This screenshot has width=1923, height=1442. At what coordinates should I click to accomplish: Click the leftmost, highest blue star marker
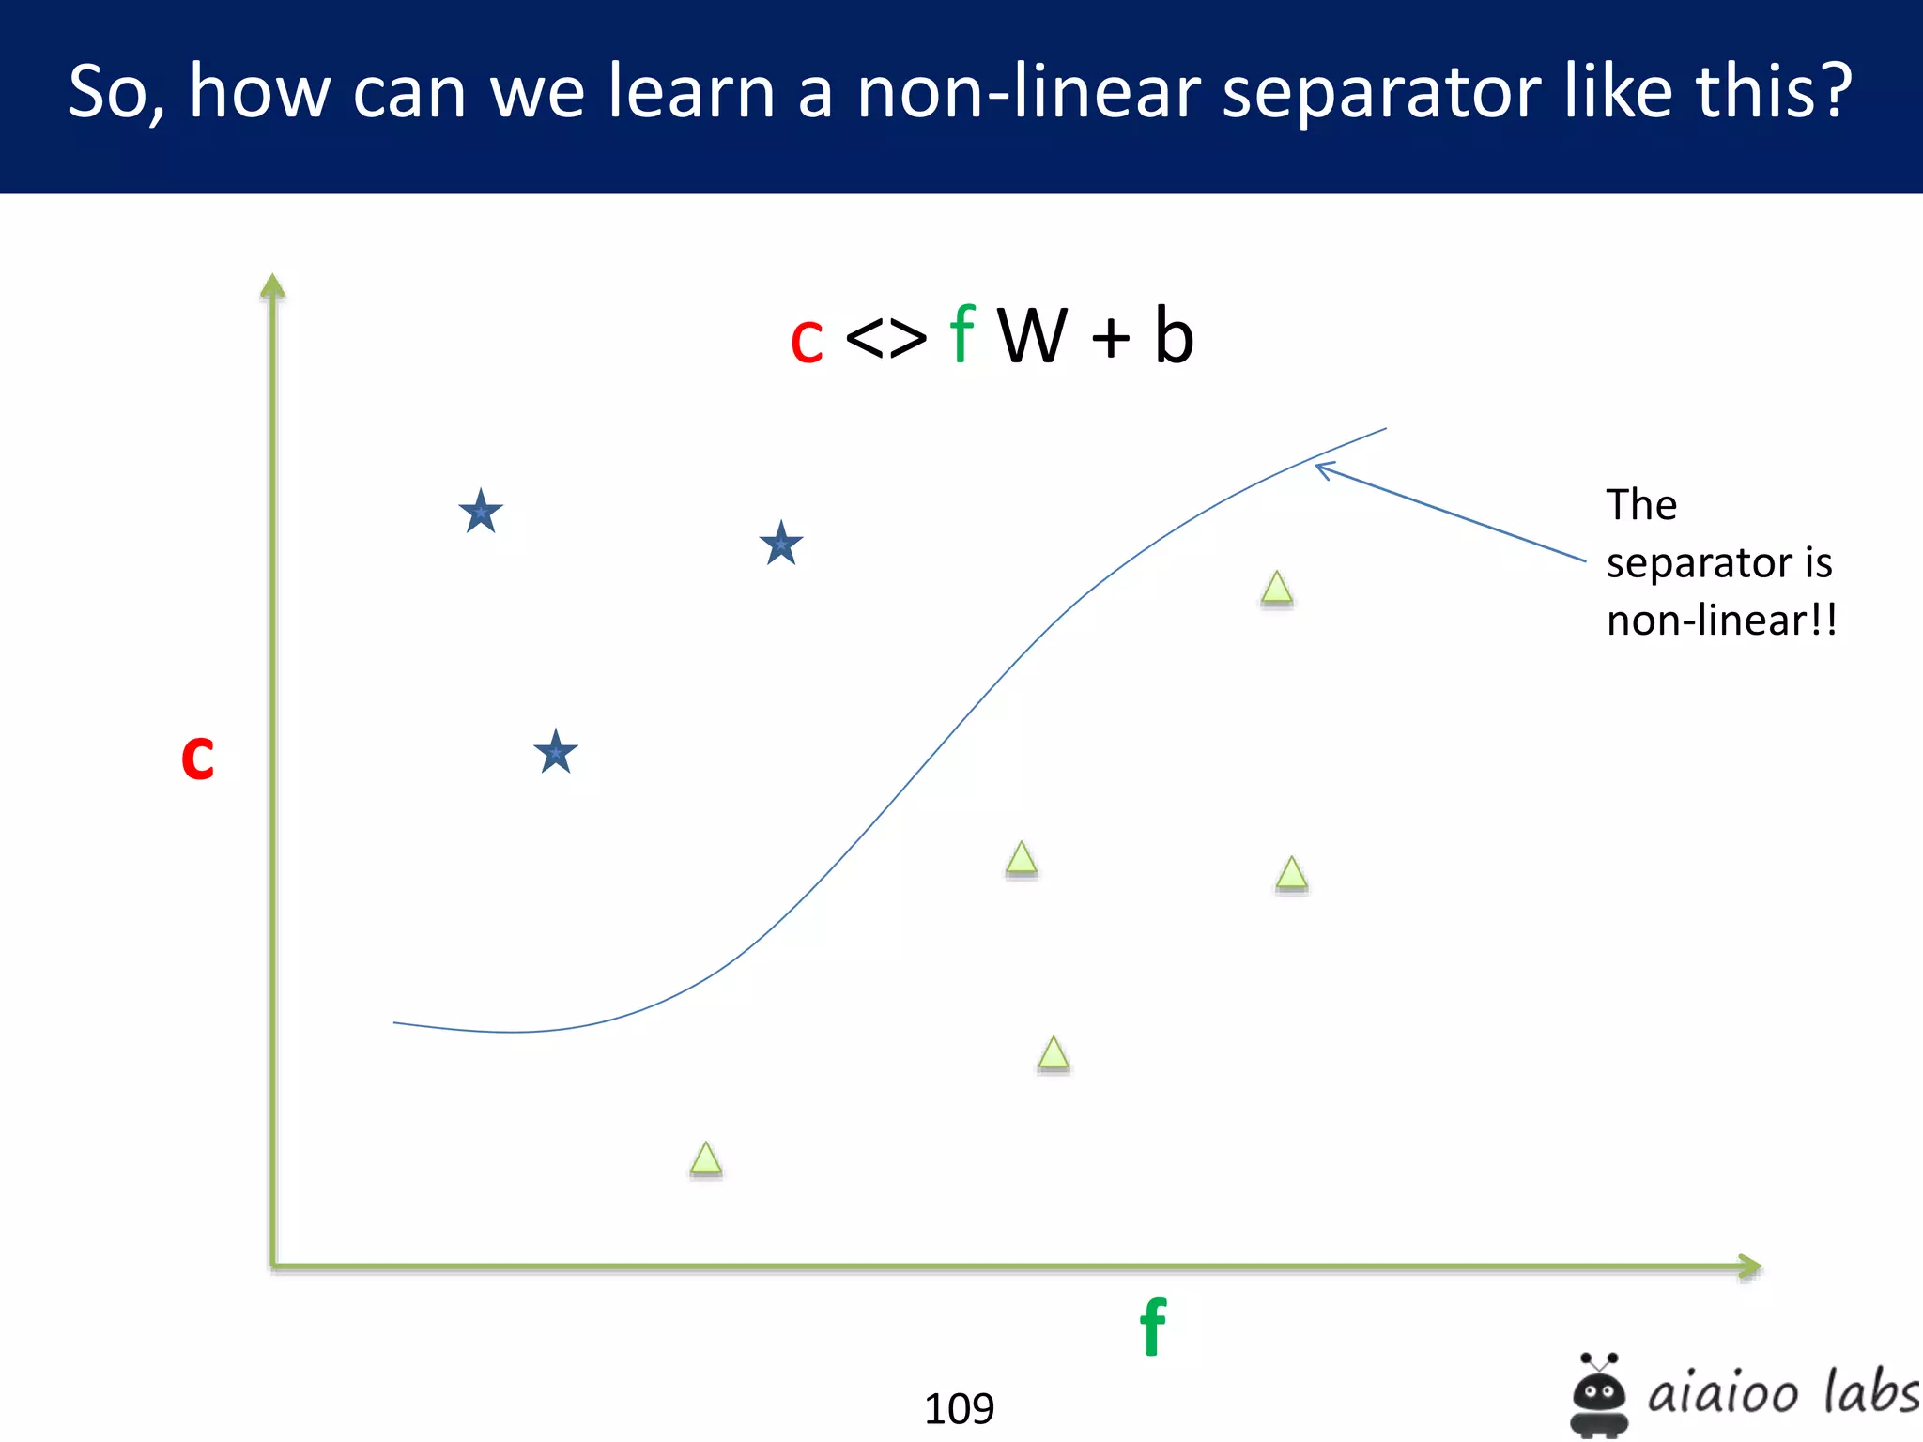(481, 512)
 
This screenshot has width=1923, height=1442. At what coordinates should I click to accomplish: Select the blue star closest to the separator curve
(781, 544)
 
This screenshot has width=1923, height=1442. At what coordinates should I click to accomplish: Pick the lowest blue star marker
(556, 752)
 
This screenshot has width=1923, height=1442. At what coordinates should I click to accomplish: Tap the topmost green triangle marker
(1277, 589)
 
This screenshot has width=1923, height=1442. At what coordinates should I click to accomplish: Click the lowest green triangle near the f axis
(706, 1159)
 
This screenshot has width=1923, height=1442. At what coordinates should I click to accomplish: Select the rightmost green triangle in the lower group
(1292, 874)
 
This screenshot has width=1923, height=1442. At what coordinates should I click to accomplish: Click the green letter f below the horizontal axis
(1153, 1327)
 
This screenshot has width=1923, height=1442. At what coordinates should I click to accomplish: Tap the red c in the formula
(807, 340)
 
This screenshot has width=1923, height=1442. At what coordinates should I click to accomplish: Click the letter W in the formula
(1032, 336)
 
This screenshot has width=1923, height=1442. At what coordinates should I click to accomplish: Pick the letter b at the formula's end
(1173, 336)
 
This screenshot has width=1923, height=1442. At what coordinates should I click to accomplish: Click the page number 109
(959, 1408)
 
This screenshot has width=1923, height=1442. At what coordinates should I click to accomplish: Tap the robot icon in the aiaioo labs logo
(1599, 1395)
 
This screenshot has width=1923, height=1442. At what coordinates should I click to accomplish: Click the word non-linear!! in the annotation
(1721, 621)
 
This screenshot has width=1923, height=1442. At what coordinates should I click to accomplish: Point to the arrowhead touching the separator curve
(1320, 468)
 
